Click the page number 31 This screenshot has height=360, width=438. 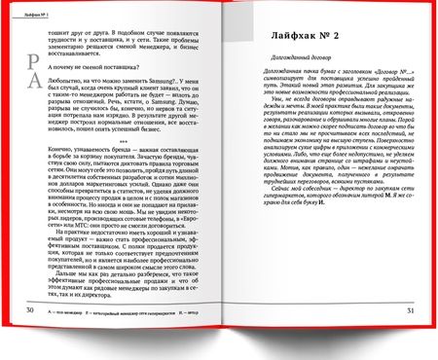410,338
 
